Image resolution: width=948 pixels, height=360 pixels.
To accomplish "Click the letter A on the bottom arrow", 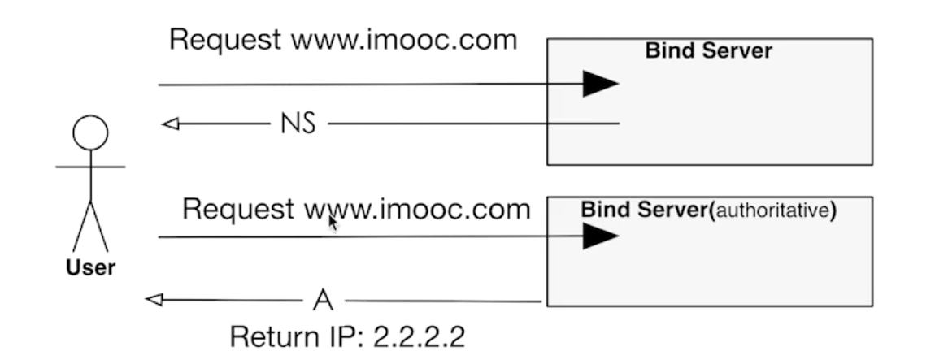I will [323, 300].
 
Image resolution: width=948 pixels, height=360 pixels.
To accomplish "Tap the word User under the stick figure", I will [90, 267].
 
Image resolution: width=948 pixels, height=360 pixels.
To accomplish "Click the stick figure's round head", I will [89, 132].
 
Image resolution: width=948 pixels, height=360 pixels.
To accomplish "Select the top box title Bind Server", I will [708, 51].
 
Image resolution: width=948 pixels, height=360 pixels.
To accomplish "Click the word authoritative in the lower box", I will [773, 209].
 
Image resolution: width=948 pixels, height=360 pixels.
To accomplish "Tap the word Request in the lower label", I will [237, 209].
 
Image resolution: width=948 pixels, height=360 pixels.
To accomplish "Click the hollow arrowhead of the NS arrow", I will [170, 124].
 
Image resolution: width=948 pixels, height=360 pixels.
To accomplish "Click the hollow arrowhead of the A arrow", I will [154, 300].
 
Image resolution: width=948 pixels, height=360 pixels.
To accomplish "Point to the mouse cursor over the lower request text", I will [333, 223].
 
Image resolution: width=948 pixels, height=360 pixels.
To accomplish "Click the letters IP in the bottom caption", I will [341, 334].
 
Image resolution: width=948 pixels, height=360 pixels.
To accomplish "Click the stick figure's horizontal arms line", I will [89, 167].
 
